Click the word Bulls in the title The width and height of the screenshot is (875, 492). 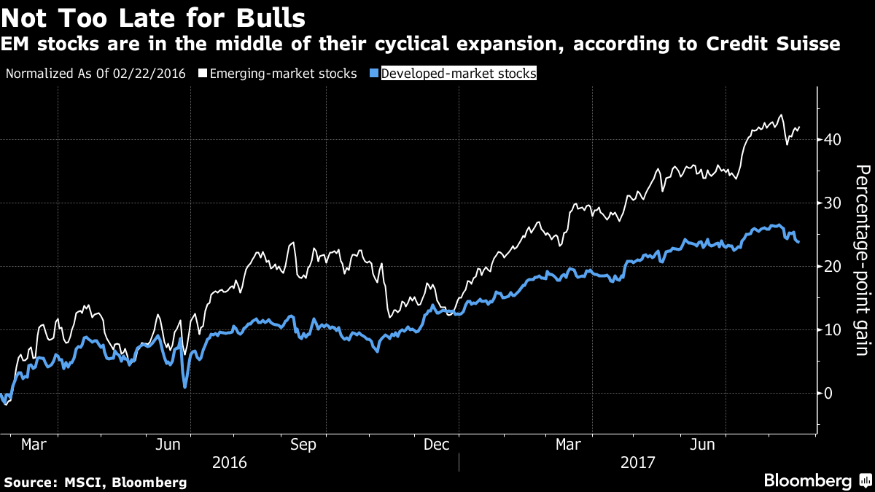(x=266, y=17)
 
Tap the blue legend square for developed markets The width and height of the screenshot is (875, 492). (x=375, y=74)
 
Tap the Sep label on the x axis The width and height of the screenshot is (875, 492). (x=304, y=444)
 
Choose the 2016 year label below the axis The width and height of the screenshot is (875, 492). (x=229, y=462)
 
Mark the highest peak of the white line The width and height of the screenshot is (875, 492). (x=781, y=114)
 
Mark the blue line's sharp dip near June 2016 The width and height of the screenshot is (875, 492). (x=185, y=386)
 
